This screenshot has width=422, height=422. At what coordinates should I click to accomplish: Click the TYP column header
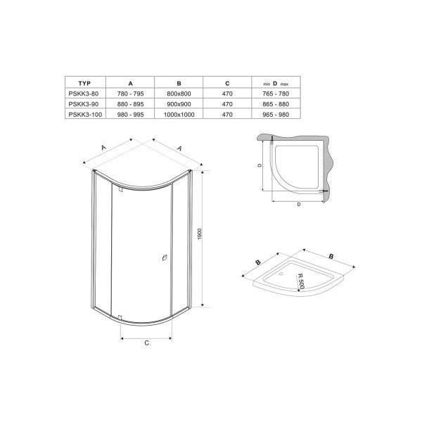[x=84, y=84]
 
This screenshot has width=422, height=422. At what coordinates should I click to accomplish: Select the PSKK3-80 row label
[x=84, y=94]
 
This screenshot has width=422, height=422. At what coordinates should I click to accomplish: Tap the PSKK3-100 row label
[x=85, y=115]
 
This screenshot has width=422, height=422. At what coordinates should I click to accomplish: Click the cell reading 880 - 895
[x=130, y=104]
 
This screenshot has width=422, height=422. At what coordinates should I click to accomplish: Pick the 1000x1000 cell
[x=179, y=115]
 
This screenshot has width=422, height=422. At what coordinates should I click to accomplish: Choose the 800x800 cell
[x=179, y=94]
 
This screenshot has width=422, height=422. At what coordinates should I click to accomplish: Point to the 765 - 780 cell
[x=276, y=94]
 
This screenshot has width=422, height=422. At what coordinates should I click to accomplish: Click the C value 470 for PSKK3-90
[x=227, y=104]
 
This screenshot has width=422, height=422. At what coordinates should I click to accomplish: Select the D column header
[x=275, y=84]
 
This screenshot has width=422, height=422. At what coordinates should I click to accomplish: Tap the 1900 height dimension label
[x=200, y=234]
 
